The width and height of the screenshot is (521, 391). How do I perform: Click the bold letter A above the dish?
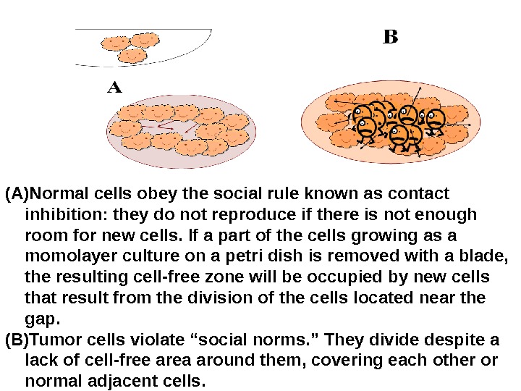coord(115,88)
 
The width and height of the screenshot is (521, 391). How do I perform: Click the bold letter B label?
coord(390,37)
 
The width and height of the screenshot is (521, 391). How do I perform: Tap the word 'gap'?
coord(39,319)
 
